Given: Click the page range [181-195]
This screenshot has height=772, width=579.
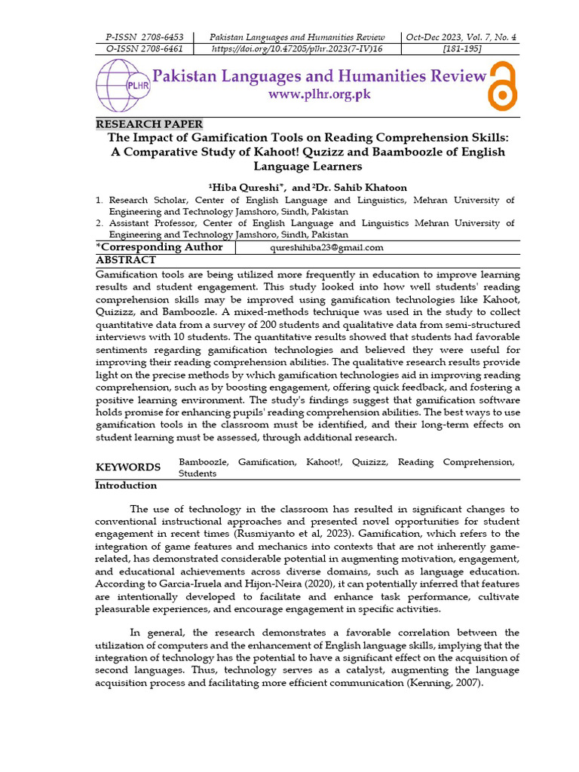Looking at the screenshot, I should point(461,49).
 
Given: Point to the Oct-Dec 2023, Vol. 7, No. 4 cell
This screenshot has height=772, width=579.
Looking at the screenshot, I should point(461,37).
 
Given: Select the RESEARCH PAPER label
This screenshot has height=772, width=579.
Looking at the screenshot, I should point(149,124).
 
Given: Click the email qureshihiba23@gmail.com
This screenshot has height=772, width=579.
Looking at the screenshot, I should point(326,247).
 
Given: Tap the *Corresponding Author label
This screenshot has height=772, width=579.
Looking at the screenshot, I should point(159,247).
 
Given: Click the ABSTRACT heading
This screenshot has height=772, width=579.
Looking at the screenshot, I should point(126,260).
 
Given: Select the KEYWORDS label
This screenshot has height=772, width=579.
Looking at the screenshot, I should point(127,467).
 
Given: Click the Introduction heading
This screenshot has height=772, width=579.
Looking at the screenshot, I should point(126,486).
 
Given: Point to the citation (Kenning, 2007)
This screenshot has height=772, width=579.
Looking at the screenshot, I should point(433,682).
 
